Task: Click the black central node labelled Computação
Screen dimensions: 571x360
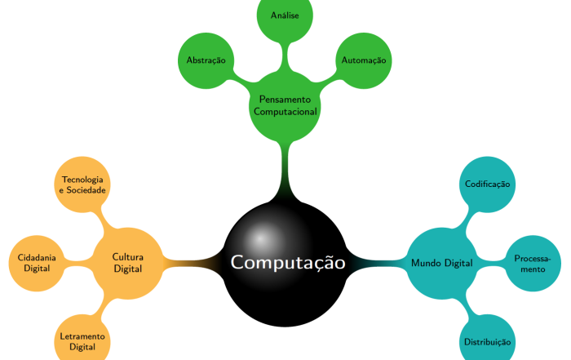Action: (x=285, y=263)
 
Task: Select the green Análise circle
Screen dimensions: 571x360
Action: (x=285, y=16)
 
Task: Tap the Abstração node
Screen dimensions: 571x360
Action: (x=206, y=60)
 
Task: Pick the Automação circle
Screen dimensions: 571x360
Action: (x=364, y=60)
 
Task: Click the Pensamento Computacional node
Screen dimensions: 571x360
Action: (x=285, y=105)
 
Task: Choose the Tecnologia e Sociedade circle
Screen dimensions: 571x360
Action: (x=82, y=184)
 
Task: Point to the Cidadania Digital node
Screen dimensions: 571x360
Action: (x=37, y=263)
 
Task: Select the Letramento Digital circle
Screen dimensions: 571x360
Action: (x=82, y=342)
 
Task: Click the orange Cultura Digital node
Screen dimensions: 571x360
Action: (x=128, y=263)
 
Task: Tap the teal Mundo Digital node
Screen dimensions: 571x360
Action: (x=442, y=263)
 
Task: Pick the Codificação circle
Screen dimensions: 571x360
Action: (x=488, y=184)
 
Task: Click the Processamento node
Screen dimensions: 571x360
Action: (x=533, y=263)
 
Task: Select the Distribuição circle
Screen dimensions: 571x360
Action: (x=488, y=342)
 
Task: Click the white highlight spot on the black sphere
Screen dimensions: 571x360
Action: (x=260, y=239)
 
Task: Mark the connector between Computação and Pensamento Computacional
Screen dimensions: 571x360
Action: (x=285, y=171)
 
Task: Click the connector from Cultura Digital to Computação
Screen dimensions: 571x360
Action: (x=193, y=263)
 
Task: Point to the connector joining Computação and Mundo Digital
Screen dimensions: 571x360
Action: (x=377, y=263)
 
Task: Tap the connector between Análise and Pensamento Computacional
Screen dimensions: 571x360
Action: (x=285, y=57)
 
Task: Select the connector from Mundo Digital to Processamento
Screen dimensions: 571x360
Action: (x=491, y=263)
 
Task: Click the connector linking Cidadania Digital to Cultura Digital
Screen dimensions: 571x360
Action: (x=78, y=263)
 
